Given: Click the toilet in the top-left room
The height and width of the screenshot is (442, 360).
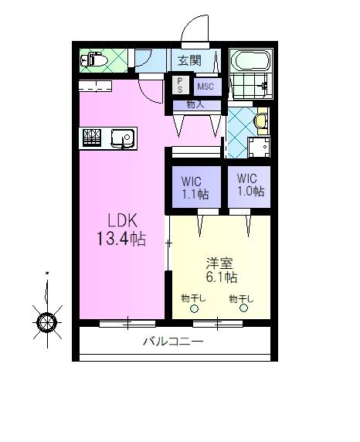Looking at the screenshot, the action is click(94, 59).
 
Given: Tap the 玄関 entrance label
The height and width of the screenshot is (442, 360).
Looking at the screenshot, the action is click(190, 60).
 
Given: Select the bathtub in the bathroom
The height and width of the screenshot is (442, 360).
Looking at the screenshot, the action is click(252, 61).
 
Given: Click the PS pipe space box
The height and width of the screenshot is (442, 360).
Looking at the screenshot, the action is click(181, 85).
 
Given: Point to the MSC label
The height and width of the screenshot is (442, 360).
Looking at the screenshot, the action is click(205, 87).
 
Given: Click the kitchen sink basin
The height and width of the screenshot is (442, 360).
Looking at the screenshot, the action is click(123, 138).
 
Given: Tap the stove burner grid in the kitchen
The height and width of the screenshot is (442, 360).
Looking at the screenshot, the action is click(92, 138).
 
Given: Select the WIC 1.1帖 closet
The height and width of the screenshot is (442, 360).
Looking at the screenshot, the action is click(196, 187).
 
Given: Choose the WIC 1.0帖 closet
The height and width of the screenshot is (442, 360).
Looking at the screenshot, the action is click(249, 186).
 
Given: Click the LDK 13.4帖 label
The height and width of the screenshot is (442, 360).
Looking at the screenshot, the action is click(122, 229).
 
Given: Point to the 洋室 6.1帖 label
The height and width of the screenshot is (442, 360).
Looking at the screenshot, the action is click(221, 270).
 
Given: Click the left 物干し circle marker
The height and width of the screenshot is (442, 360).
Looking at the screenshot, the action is click(194, 308).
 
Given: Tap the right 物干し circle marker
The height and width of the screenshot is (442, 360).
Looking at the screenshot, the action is click(243, 308).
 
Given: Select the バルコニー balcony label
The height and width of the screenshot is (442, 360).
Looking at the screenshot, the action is click(173, 342).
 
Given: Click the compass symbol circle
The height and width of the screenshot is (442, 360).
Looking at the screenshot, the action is click(47, 322).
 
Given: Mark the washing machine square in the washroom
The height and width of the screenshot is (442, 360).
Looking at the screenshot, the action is click(259, 147).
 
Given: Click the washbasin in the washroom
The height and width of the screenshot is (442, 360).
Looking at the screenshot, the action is click(260, 121).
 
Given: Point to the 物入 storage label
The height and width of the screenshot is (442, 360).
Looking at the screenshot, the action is click(195, 104).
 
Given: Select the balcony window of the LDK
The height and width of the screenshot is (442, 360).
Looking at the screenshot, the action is click(127, 323).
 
